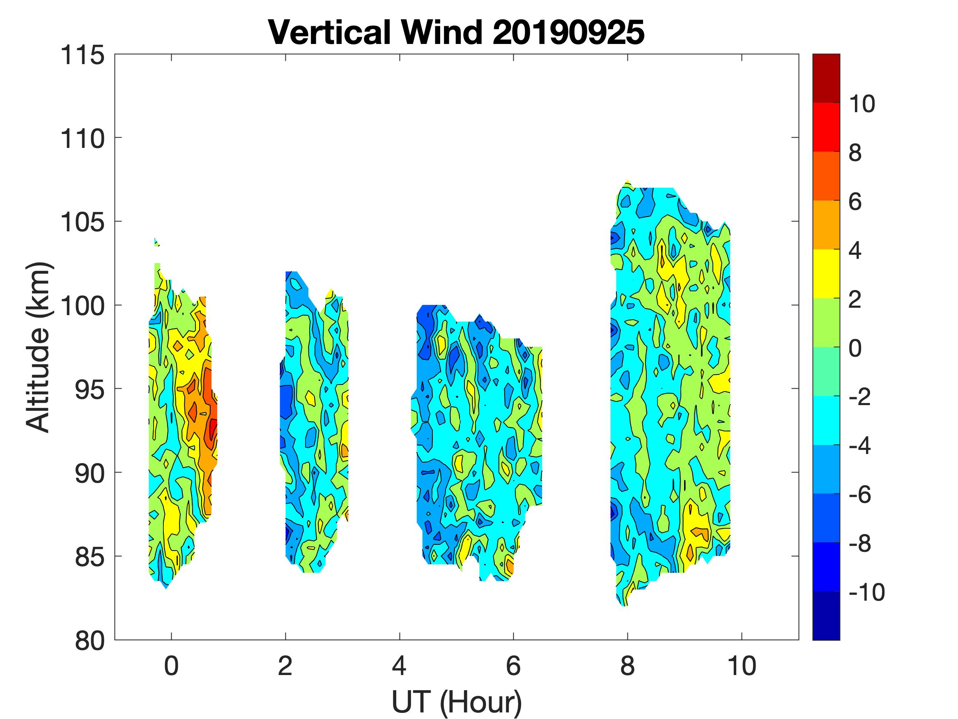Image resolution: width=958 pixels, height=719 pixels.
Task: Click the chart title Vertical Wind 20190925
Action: pyautogui.click(x=456, y=32)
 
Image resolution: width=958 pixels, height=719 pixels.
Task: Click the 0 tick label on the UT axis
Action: pyautogui.click(x=172, y=666)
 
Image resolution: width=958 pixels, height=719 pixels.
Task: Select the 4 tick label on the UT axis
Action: pyautogui.click(x=399, y=666)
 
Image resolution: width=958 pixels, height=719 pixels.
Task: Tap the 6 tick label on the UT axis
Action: pyautogui.click(x=513, y=666)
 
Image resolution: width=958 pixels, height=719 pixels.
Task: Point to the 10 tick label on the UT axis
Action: pyautogui.click(x=742, y=666)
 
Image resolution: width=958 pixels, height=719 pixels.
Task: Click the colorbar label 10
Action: pyautogui.click(x=862, y=104)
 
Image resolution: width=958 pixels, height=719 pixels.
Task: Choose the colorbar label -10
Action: pyautogui.click(x=866, y=592)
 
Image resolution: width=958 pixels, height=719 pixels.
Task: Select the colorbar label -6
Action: pyautogui.click(x=860, y=495)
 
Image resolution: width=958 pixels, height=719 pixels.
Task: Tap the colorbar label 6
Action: pyautogui.click(x=855, y=202)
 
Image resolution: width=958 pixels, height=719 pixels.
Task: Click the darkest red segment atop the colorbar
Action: pyautogui.click(x=826, y=78)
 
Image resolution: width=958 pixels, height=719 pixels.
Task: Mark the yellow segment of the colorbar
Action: pyautogui.click(x=826, y=274)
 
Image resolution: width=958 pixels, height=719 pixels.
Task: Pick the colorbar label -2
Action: pyautogui.click(x=860, y=397)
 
